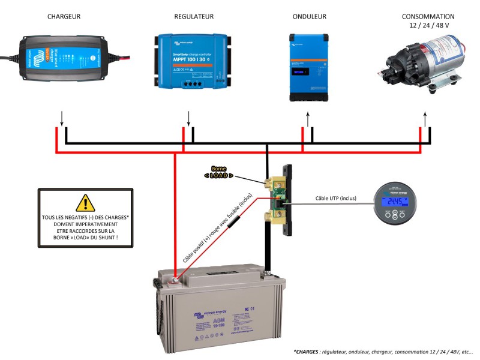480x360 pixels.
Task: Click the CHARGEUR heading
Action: coord(64,17)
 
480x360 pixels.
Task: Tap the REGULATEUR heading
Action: coord(193,17)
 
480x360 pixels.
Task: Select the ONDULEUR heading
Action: coord(309,17)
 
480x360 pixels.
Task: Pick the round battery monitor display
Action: coord(397,204)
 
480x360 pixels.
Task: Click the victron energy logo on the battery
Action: coord(207,314)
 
